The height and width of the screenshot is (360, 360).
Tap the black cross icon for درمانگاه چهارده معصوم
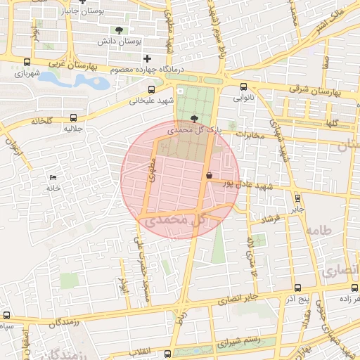pyautogui.click(x=146, y=58)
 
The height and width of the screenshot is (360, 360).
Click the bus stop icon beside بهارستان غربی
pyautogui.click(x=27, y=63)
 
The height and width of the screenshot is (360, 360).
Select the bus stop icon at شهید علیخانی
pyautogui.click(x=152, y=89)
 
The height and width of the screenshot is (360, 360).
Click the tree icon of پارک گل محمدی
pyautogui.click(x=194, y=120)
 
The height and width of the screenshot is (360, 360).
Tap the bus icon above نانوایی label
pyautogui.click(x=243, y=87)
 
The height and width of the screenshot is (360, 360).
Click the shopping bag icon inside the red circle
pyautogui.click(x=209, y=174)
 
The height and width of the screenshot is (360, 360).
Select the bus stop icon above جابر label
pyautogui.click(x=297, y=198)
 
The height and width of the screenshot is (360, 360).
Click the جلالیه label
pyautogui.click(x=74, y=129)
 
